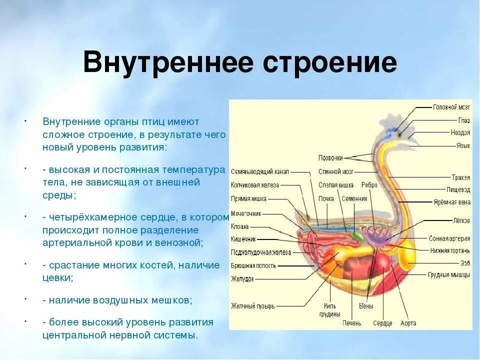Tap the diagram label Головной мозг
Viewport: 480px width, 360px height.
pos(451,107)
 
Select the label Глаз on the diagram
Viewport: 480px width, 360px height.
pos(464,120)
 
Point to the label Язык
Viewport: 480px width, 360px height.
pos(463,145)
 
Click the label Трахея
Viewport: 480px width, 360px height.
pos(460,177)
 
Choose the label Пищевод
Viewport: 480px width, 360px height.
pos(458,189)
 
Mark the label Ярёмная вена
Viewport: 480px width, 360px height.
pos(452,202)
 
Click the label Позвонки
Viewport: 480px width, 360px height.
pos(330,158)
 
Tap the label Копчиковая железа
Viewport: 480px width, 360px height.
pos(255,185)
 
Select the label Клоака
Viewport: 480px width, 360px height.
pos(239,226)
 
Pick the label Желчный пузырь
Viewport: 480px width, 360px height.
pos(252,306)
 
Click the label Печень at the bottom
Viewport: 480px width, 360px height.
pos(352,323)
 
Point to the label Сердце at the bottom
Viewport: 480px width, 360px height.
pos(382,323)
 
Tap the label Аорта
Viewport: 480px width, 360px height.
pos(408,323)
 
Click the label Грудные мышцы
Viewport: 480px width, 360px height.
pos(448,274)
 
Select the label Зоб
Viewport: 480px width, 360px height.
pos(465,262)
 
